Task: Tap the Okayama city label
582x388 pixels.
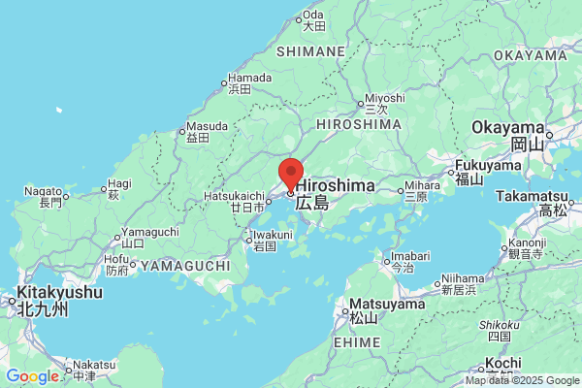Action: (x=507, y=128)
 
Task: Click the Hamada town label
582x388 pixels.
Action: (x=250, y=77)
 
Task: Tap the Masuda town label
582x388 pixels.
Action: (x=206, y=126)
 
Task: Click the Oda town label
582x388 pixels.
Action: (x=312, y=15)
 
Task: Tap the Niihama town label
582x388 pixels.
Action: (x=458, y=277)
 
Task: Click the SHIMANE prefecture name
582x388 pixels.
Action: (x=310, y=50)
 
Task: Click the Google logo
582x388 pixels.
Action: (x=32, y=376)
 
